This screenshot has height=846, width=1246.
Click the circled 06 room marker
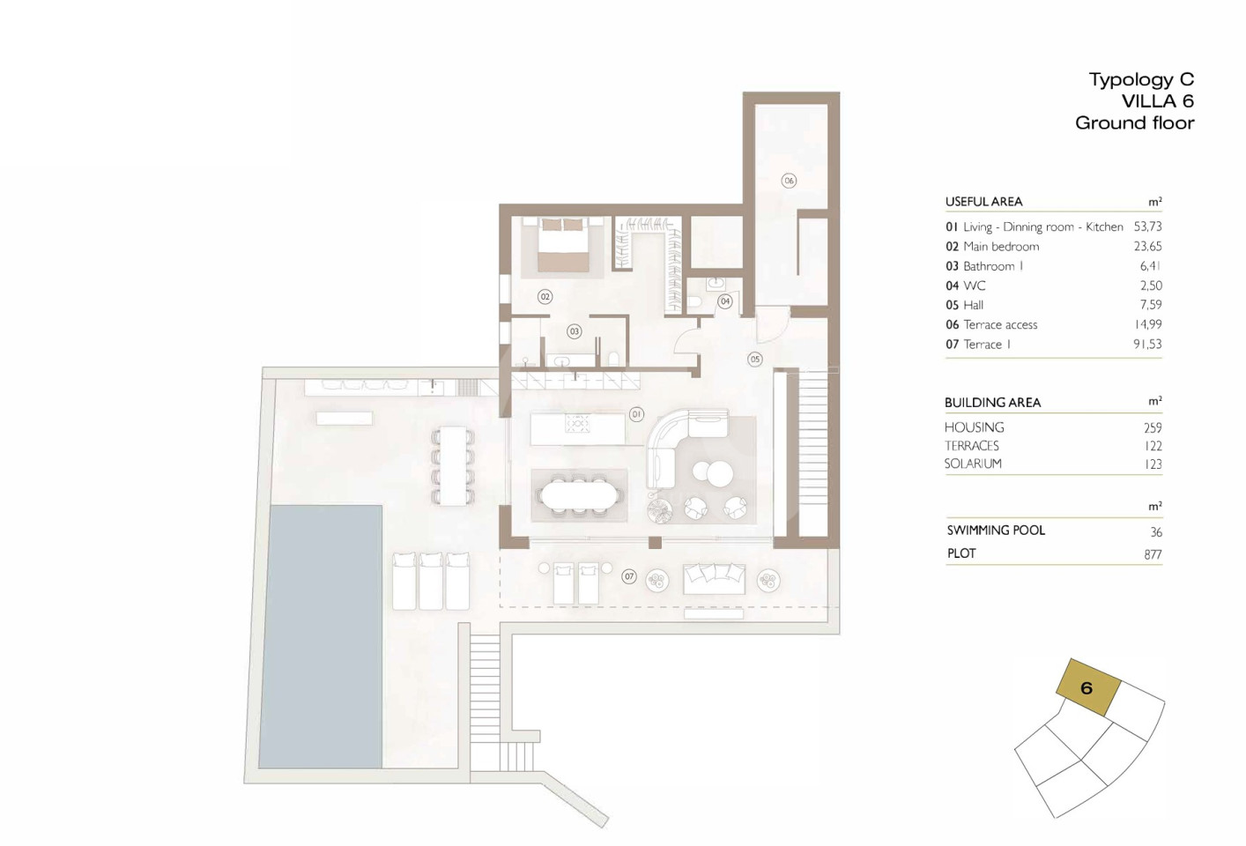(788, 180)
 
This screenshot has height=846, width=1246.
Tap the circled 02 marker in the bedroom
(545, 297)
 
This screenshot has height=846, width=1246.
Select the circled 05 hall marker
(755, 360)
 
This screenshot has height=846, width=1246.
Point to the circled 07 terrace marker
(629, 577)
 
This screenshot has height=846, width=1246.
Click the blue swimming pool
(321, 637)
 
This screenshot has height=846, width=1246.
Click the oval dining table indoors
(579, 495)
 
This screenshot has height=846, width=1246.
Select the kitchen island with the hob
(578, 428)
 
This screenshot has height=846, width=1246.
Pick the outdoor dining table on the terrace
(453, 466)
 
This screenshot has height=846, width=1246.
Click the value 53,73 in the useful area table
(1147, 227)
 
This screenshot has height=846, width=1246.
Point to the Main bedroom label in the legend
(1001, 247)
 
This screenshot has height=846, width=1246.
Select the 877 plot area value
(1153, 554)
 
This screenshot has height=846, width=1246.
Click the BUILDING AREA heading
(992, 403)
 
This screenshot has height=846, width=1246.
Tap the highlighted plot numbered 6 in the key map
(1087, 687)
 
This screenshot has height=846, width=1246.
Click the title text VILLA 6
(1158, 101)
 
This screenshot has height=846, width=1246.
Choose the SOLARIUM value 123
(1153, 464)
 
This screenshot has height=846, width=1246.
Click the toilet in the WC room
(694, 303)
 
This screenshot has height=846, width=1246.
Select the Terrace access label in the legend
(1000, 325)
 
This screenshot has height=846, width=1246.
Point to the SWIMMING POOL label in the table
(996, 531)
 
